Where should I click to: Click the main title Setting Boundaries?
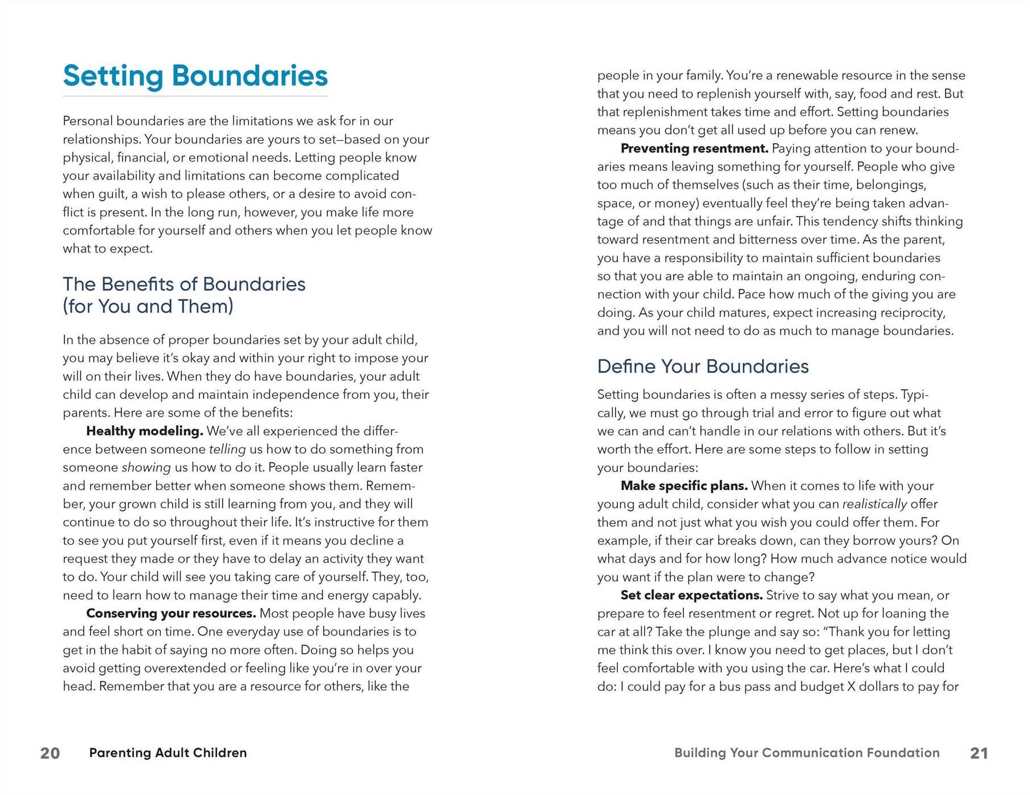tap(195, 76)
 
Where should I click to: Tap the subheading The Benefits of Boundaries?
tap(184, 284)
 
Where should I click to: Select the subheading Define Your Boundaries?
tap(702, 366)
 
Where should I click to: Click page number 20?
tap(50, 753)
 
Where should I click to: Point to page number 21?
tap(979, 753)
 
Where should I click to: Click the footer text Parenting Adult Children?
tap(168, 753)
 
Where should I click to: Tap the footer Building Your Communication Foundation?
tap(807, 753)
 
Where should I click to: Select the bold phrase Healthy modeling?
tap(144, 431)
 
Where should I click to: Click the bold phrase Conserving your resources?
tap(170, 613)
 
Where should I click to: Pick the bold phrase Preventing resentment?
tap(694, 149)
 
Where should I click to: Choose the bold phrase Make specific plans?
tap(683, 486)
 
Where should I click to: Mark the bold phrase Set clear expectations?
tap(691, 595)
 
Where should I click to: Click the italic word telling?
tap(227, 449)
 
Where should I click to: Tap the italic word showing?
tap(146, 467)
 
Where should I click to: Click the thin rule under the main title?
tap(195, 96)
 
